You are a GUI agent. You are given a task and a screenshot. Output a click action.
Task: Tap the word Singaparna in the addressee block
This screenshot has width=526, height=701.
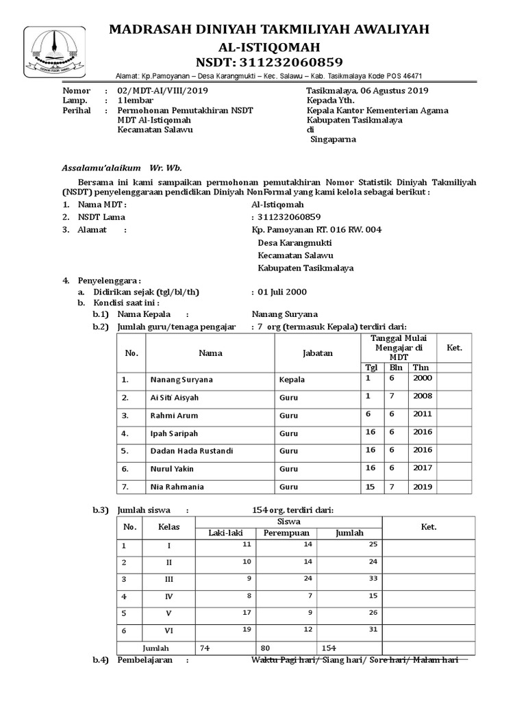tap(334, 139)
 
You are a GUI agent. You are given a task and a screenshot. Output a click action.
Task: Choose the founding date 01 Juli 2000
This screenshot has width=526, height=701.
tap(282, 291)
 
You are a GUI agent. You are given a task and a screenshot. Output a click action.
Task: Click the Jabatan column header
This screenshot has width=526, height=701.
tap(317, 353)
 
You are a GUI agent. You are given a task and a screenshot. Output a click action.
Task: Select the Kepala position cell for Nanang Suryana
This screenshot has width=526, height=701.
tap(292, 379)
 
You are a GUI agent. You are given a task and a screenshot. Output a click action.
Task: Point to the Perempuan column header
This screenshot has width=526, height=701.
tap(286, 533)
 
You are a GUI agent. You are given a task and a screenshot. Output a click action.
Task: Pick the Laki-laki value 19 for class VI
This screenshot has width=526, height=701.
tap(247, 628)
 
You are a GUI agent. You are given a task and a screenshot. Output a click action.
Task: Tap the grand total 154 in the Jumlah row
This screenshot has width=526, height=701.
tap(331, 647)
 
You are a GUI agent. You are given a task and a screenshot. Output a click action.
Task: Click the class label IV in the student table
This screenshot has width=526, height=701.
tap(168, 596)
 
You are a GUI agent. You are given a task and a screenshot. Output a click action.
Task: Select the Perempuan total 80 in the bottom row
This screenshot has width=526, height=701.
tap(266, 647)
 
